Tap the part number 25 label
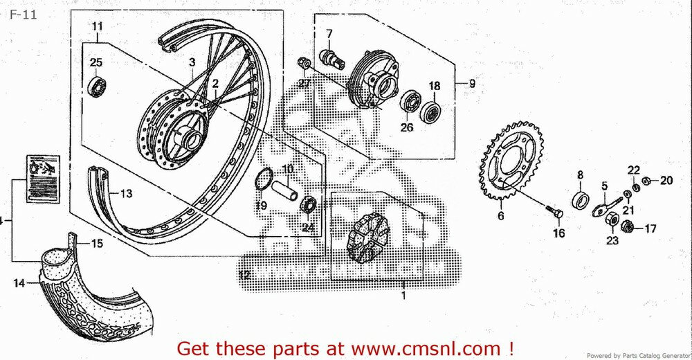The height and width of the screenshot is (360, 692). point(95,63)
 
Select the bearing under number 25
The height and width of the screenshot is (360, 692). point(96,87)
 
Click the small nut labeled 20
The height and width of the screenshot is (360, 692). point(646,181)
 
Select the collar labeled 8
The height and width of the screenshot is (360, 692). point(580,200)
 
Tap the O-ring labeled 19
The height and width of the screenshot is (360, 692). point(262,181)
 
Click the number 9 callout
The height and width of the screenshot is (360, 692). point(472,84)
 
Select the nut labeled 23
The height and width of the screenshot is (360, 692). point(612,219)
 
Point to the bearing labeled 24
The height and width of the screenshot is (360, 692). point(308,206)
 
